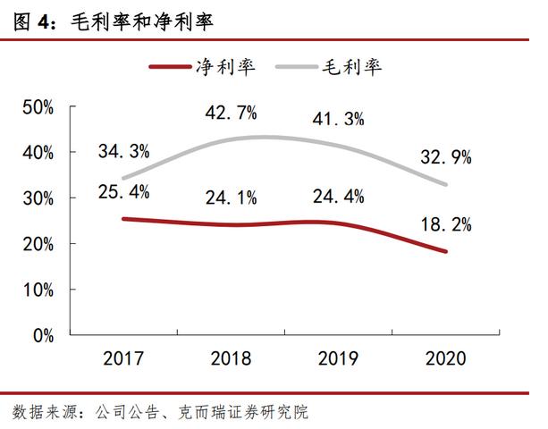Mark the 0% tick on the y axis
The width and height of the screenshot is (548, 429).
coord(43,335)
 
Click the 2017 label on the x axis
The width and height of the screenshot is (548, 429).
coord(122,359)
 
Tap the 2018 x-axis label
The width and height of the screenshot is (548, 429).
coord(231,359)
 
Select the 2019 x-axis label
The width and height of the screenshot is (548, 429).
coord(338,359)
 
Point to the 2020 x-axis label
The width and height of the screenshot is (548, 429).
coord(445,359)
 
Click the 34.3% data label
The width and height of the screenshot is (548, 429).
coord(123,151)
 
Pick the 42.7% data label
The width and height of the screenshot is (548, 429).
coord(231,113)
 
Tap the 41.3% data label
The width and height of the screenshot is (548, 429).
coord(338,119)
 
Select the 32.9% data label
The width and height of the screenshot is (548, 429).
coord(445,157)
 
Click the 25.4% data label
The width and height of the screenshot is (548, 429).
coord(123,191)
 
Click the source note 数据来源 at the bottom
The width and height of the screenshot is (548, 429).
coord(161,412)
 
